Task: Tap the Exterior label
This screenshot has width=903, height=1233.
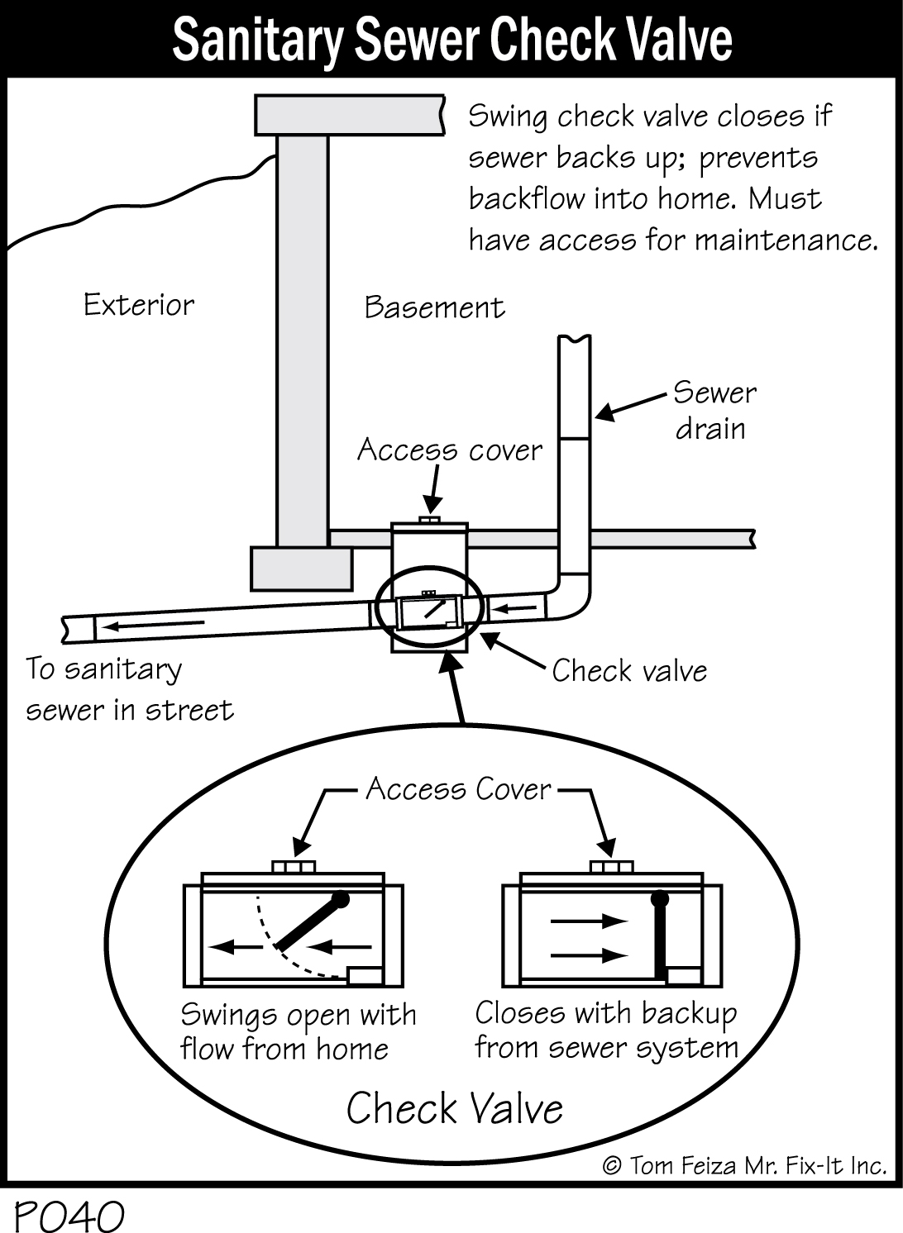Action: coord(139,305)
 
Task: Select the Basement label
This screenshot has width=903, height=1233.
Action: coord(434,307)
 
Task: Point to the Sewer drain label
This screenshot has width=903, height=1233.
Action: coord(714,411)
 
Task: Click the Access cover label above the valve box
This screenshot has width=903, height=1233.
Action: coord(449,450)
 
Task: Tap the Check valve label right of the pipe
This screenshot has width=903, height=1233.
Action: coord(629,670)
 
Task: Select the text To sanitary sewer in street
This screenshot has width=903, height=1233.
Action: coord(129,689)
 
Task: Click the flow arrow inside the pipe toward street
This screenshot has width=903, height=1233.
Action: coord(154,624)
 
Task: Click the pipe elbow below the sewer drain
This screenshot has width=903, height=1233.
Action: coord(571,603)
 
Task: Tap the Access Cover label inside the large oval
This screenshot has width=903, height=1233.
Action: coord(458,789)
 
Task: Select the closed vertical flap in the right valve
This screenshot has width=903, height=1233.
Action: coord(660,934)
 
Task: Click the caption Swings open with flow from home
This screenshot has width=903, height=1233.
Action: coord(298,1031)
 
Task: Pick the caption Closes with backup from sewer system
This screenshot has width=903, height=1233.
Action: coord(606,1030)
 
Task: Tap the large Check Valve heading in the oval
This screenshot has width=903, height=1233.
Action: coord(454,1108)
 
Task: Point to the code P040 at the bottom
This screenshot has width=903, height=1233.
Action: coord(69,1215)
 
